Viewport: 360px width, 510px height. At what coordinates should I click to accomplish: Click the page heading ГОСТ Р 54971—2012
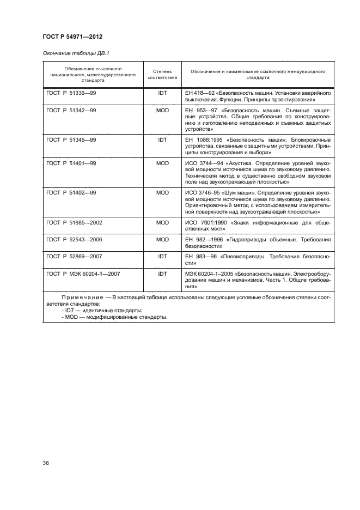click(72, 37)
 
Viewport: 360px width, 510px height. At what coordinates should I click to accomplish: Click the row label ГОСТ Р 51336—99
click(70, 93)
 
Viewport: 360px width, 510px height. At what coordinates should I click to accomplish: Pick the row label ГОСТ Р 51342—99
click(70, 111)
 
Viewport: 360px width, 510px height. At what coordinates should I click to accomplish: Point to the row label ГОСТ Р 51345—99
click(70, 139)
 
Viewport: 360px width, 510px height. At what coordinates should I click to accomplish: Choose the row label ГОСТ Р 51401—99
click(70, 163)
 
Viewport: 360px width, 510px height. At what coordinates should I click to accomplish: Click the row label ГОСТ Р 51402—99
click(70, 192)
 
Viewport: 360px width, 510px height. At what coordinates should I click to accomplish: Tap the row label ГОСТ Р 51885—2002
click(75, 222)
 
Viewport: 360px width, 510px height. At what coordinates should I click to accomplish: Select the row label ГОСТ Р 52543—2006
click(75, 239)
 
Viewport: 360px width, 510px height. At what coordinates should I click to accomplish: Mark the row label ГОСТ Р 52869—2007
click(75, 257)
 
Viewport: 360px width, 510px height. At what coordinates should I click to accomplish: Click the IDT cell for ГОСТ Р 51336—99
click(162, 93)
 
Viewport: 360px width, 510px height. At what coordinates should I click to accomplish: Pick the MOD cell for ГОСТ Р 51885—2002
click(162, 222)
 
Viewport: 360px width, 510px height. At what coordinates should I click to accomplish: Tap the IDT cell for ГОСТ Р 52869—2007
click(162, 257)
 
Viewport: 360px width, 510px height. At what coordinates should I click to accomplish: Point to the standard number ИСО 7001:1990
click(206, 222)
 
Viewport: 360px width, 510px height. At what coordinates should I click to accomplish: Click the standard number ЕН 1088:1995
click(204, 139)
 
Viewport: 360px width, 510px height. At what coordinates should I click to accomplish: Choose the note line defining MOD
click(101, 317)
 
